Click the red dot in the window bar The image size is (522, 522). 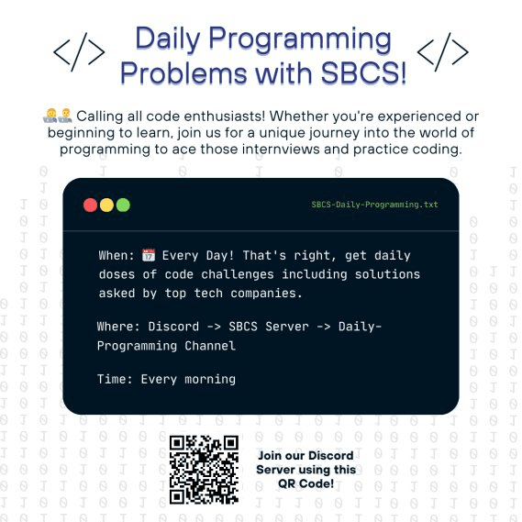click(x=90, y=205)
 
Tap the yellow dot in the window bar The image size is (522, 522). click(x=106, y=205)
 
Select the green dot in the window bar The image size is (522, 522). click(x=123, y=205)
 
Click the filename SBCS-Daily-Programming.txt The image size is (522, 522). click(x=374, y=205)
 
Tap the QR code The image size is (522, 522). click(x=204, y=469)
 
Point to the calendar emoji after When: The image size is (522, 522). click(x=149, y=255)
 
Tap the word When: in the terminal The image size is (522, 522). click(x=117, y=255)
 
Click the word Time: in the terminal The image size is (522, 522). click(x=115, y=379)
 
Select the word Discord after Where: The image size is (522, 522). click(x=172, y=327)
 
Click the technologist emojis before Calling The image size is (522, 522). click(x=56, y=117)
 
